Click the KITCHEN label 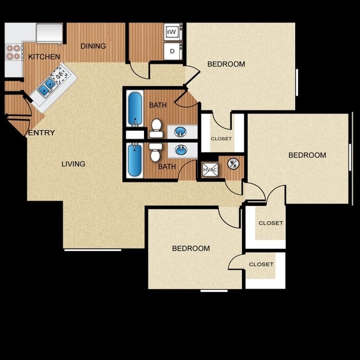(44, 56)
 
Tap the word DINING (93, 46)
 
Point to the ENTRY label (42, 133)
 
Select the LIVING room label (73, 164)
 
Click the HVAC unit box (210, 169)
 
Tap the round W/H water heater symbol (233, 163)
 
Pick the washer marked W (172, 32)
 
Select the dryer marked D (172, 51)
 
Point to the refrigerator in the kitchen (49, 33)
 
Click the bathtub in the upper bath (134, 109)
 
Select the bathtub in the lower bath (134, 160)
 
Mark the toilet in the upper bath (156, 127)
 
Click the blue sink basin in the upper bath (181, 132)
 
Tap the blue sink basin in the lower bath (181, 150)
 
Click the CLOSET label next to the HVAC (221, 138)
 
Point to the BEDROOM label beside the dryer (226, 64)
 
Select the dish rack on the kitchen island (58, 74)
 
